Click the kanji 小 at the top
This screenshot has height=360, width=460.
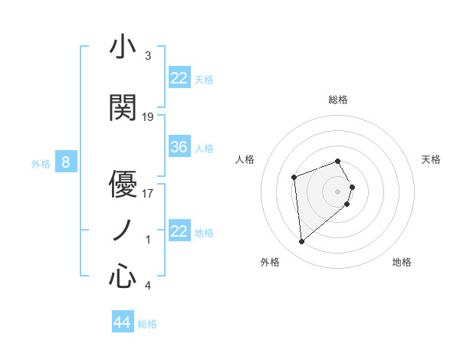click(x=123, y=47)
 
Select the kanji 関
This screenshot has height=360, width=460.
click(x=123, y=108)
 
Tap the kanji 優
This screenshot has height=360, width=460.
click(x=123, y=184)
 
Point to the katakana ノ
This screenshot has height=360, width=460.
click(x=123, y=230)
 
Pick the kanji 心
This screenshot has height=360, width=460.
click(x=123, y=276)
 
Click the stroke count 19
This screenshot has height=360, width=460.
click(x=148, y=117)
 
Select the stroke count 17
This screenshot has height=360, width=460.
click(x=148, y=193)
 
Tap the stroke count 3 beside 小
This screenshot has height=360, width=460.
click(x=148, y=56)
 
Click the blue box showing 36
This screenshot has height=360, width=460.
click(x=179, y=147)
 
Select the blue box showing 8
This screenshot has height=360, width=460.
click(x=66, y=162)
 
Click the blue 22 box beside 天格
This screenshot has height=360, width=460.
click(x=179, y=78)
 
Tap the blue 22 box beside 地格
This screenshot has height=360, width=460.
click(x=179, y=231)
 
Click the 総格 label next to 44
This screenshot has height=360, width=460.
click(x=147, y=324)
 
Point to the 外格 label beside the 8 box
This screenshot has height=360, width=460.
click(x=40, y=163)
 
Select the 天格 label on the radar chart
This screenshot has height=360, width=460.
click(x=431, y=159)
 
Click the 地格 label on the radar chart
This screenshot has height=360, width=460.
click(x=402, y=262)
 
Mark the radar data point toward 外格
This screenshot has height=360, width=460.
click(x=302, y=242)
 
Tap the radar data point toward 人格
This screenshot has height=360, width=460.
click(x=294, y=178)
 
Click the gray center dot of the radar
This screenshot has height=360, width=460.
click(x=338, y=191)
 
